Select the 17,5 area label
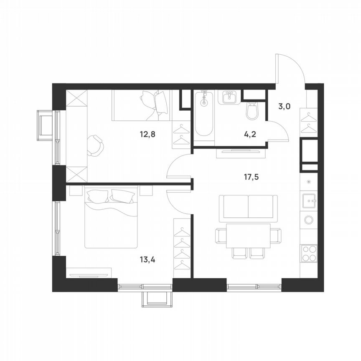pos(251,177)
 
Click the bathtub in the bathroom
pos(204,114)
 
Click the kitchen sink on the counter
pos(310,201)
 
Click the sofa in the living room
pos(248,208)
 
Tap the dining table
pos(248,236)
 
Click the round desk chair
pos(97,145)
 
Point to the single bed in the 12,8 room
pos(141,105)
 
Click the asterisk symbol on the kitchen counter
pos(309,181)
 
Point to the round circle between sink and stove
pos(310,219)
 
